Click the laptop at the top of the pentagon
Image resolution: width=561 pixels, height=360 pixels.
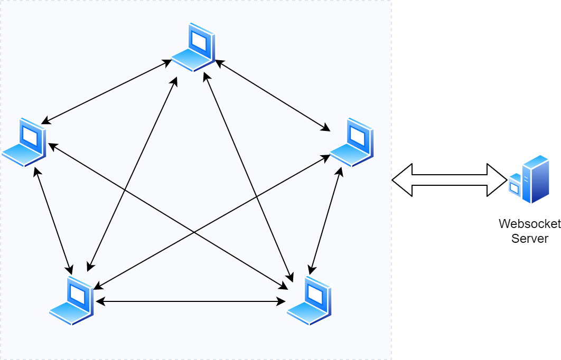click(193, 48)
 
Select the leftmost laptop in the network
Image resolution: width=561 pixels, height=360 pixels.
click(24, 143)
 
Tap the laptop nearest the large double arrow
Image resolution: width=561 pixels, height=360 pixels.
click(352, 143)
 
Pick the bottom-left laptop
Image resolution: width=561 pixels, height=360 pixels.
click(72, 301)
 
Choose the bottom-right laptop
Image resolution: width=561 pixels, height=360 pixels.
click(309, 301)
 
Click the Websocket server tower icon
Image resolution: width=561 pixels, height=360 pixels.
click(535, 179)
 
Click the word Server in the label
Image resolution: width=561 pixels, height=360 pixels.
click(529, 239)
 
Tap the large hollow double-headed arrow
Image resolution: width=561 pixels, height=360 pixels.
click(449, 180)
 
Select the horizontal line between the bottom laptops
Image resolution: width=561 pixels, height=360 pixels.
click(190, 301)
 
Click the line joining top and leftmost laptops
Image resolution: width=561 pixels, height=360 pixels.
click(106, 92)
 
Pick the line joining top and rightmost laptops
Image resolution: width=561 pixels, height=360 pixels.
click(272, 96)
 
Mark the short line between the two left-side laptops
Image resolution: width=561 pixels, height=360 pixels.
click(53, 221)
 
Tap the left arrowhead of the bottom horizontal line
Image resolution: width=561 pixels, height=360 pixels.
click(100, 301)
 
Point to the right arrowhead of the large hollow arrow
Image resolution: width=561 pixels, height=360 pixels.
click(497, 180)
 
